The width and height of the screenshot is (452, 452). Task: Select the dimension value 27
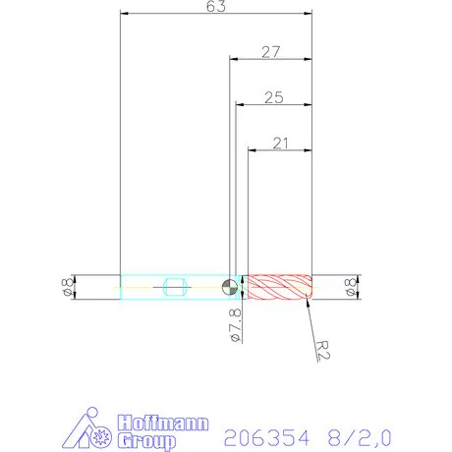click(x=273, y=52)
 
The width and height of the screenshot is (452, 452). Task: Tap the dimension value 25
click(x=273, y=97)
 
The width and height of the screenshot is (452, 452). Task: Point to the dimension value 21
click(x=280, y=143)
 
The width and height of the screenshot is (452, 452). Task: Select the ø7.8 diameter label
click(x=234, y=323)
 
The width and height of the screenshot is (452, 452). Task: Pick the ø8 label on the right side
click(x=351, y=287)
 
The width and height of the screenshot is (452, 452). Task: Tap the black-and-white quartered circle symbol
click(x=229, y=287)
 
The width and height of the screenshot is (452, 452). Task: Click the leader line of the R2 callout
click(x=313, y=318)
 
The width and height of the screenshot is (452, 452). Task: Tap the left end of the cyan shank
click(x=121, y=287)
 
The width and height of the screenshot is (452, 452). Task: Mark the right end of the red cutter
click(x=311, y=287)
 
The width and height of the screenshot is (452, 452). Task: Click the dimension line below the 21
click(x=280, y=150)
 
